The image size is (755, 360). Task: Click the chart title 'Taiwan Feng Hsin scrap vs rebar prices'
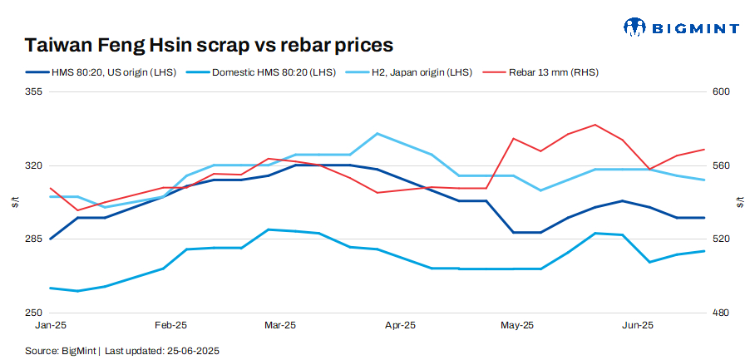click(x=209, y=44)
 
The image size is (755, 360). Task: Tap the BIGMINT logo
click(x=681, y=27)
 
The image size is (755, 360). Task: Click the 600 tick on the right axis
click(x=720, y=92)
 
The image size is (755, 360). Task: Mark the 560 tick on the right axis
click(x=720, y=165)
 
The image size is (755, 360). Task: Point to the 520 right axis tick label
click(x=720, y=239)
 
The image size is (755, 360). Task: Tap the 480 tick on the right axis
click(x=720, y=313)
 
